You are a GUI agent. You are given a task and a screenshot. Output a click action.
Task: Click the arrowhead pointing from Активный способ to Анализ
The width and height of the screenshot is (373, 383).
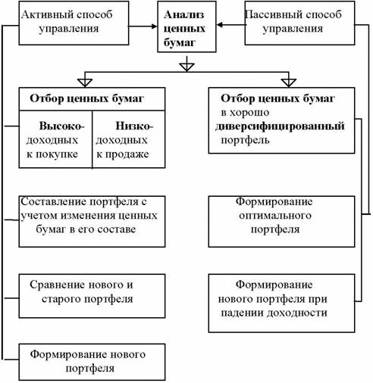click(154, 26)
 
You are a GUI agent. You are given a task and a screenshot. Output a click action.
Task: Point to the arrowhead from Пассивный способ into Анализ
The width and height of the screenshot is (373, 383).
click(220, 25)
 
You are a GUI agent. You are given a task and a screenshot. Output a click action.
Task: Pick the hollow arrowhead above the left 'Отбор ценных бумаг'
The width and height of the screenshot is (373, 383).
click(85, 83)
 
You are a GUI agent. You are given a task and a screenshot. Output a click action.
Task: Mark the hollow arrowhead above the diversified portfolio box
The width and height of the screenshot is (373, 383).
click(289, 83)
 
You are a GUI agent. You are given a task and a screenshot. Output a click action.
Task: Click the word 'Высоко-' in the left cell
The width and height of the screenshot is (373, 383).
click(61, 126)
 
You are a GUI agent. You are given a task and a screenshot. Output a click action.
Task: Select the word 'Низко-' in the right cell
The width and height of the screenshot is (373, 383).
click(134, 126)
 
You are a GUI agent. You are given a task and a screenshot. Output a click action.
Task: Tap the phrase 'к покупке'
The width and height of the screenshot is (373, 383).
click(52, 154)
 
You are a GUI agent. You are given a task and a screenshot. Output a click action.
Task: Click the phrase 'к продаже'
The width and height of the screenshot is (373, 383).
click(123, 154)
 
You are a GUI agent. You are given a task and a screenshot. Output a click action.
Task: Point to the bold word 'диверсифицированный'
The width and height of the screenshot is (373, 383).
click(280, 126)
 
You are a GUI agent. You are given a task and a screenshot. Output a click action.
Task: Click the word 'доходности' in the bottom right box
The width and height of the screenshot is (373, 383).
click(297, 313)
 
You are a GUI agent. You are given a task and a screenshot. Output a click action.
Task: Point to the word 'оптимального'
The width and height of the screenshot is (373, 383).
click(275, 216)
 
